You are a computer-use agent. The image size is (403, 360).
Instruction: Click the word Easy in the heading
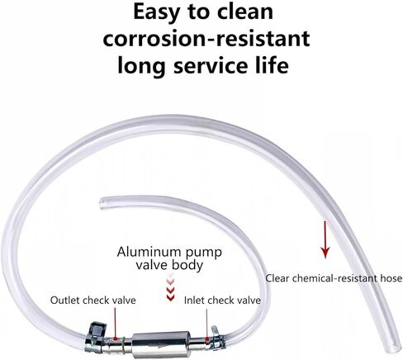tap(156, 12)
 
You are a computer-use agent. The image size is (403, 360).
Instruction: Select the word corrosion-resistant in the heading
tap(206, 39)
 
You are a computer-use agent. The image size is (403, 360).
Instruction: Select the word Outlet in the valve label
tap(65, 300)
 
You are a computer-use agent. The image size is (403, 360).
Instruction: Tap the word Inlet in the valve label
tap(194, 300)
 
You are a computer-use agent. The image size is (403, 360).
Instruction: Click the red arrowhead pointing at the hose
tap(325, 253)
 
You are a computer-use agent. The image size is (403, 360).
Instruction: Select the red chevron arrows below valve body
tap(170, 287)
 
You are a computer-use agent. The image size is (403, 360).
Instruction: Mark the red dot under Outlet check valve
tap(116, 338)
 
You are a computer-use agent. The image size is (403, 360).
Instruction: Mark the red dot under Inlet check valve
tap(207, 339)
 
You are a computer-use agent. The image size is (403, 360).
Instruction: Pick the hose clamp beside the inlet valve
tap(218, 337)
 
